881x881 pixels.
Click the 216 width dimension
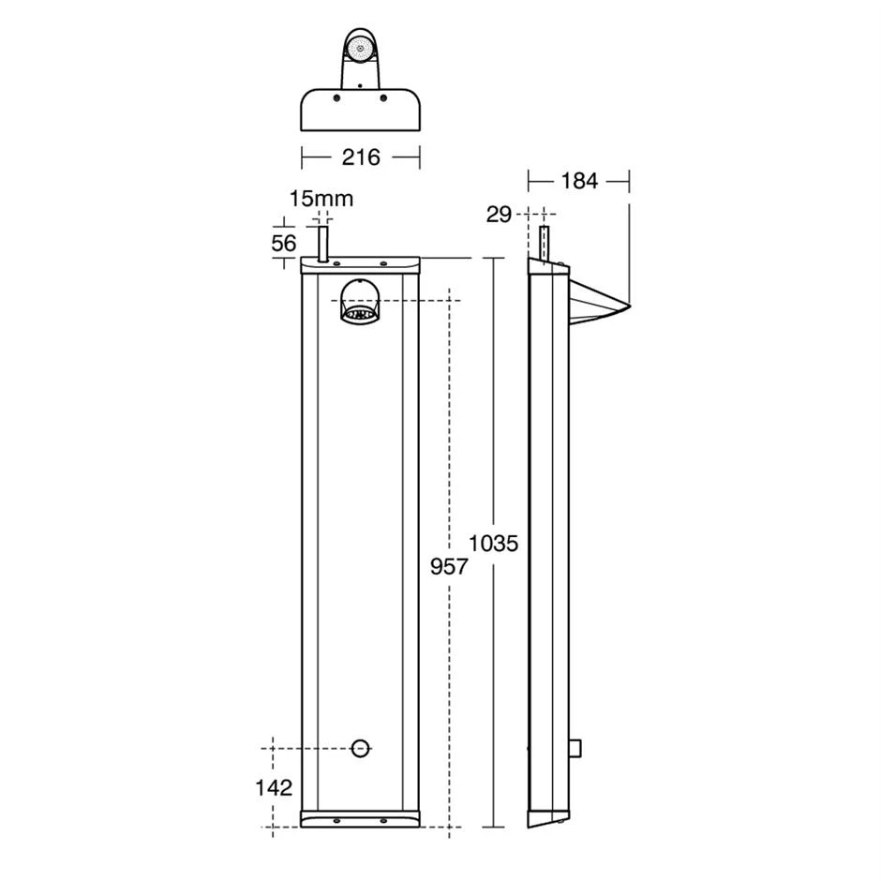point(361,157)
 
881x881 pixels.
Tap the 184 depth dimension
point(578,181)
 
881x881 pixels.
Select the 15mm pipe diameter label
point(321,199)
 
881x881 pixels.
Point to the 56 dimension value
point(283,243)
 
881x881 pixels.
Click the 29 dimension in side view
point(499,215)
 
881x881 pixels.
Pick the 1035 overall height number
point(493,544)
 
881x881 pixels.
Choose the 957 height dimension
point(448,566)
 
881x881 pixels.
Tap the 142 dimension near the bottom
point(274,788)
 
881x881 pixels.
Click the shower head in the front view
point(360,302)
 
